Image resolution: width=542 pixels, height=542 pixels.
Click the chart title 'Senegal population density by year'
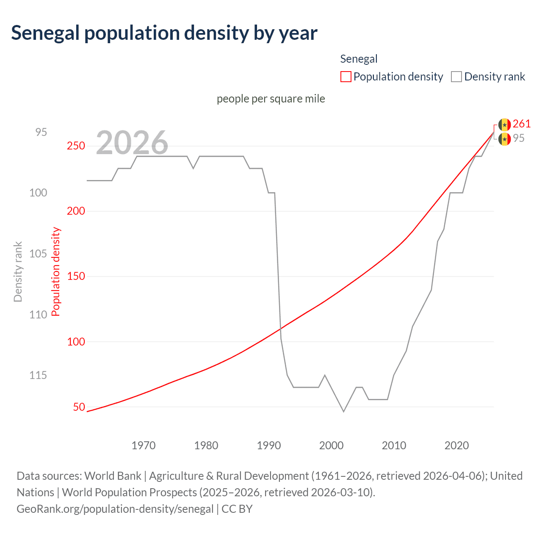(x=164, y=33)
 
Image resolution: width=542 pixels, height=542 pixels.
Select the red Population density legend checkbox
(x=346, y=77)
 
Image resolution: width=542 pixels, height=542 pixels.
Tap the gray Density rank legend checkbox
(x=456, y=77)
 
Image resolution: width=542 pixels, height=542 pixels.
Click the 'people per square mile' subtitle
(x=271, y=99)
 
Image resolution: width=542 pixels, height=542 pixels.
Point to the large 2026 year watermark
(x=132, y=143)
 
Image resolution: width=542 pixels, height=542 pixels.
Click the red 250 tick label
(x=76, y=146)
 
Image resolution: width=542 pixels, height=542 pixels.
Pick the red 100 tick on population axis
(x=76, y=342)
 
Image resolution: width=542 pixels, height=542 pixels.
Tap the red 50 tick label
(x=79, y=407)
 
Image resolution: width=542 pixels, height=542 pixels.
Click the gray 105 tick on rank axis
(x=38, y=254)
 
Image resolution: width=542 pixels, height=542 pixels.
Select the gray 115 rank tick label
(x=38, y=375)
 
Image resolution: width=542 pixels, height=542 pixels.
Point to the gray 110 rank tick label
(x=38, y=315)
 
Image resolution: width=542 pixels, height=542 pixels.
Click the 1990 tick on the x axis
(x=269, y=445)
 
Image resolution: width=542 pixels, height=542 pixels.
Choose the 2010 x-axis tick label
(x=394, y=445)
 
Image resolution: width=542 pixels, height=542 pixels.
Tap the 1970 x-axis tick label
(x=144, y=445)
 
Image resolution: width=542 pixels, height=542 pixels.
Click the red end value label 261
(x=522, y=124)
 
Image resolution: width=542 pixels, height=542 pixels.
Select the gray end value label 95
(x=519, y=138)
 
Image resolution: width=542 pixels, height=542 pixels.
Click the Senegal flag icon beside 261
(x=504, y=124)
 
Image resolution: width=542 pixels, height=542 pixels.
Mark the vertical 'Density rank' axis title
(x=18, y=271)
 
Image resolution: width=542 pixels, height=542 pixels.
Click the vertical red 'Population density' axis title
(x=56, y=271)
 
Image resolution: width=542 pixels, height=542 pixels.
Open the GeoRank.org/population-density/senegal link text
(x=115, y=509)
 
